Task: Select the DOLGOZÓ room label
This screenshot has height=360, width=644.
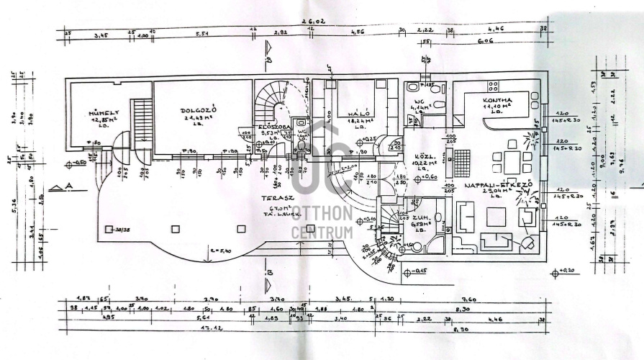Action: [194, 110]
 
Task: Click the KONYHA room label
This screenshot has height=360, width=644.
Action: [498, 100]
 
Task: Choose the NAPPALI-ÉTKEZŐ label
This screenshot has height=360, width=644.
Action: [498, 185]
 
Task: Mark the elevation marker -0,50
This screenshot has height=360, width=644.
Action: [78, 164]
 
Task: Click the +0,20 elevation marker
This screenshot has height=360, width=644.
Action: [568, 273]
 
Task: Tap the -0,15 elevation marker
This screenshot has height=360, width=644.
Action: [418, 272]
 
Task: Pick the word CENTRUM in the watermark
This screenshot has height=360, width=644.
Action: [322, 233]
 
